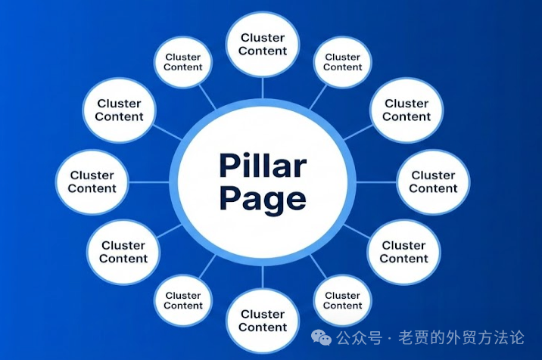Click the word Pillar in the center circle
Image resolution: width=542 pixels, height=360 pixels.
263,165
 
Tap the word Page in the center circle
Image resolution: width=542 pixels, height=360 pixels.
263,200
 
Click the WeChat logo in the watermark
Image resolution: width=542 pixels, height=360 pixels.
321,337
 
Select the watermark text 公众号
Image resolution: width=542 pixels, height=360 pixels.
360,337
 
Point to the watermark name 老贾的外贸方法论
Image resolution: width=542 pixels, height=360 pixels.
461,337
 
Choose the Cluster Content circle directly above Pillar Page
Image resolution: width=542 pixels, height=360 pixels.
263,44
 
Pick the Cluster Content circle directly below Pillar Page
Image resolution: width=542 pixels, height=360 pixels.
263,321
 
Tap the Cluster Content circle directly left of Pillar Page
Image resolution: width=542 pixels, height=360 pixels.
92,182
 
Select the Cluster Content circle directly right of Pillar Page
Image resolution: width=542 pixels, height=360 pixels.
433,182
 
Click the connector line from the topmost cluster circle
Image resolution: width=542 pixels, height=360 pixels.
263,88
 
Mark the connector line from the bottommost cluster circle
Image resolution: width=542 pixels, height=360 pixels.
263,277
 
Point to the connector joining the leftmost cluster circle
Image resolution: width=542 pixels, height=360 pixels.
149,182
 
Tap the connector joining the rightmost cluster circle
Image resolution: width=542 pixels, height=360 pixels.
376,182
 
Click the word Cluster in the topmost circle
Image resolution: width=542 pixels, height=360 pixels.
263,38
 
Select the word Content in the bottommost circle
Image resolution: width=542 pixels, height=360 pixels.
263,327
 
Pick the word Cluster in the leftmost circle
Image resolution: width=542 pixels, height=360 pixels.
92,175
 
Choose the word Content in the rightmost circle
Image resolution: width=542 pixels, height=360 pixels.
433,188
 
